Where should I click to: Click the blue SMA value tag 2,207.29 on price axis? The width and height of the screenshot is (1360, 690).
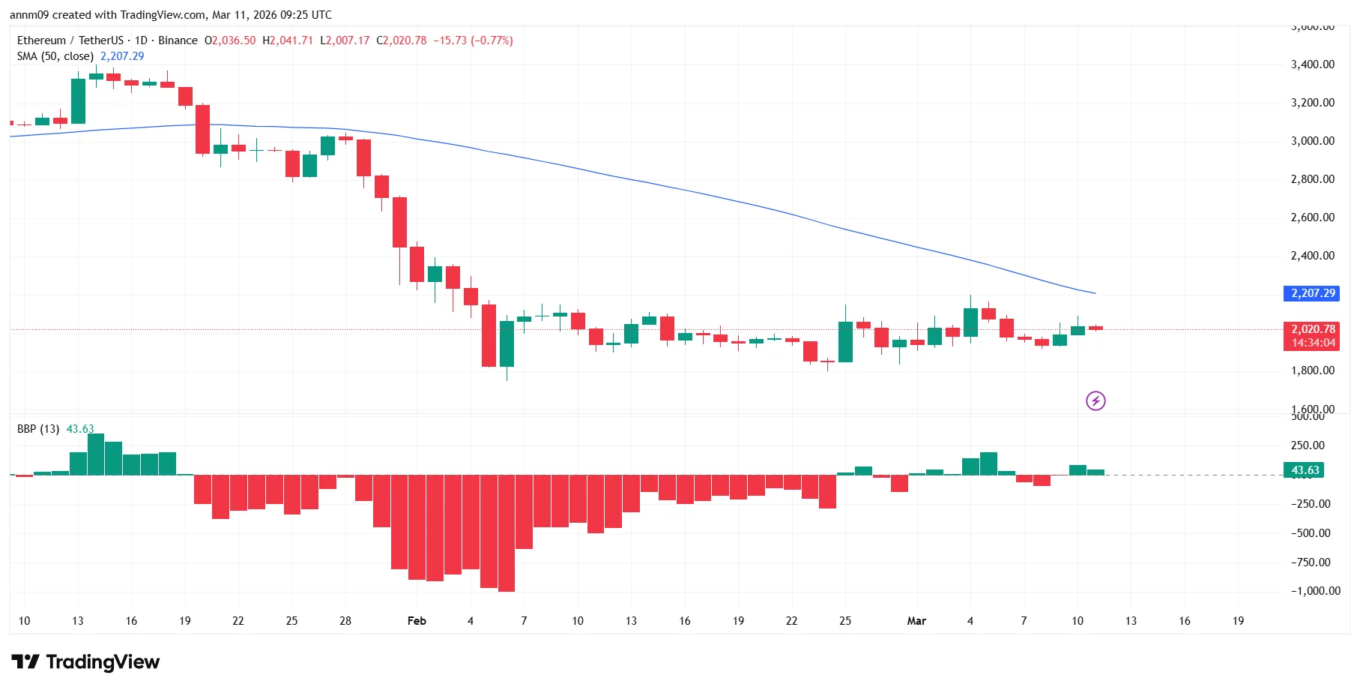click(1312, 293)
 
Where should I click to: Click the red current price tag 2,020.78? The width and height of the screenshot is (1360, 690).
click(1312, 329)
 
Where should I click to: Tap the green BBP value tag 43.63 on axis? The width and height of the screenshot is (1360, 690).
click(1305, 470)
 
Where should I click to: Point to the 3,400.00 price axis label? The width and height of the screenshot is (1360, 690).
click(1312, 64)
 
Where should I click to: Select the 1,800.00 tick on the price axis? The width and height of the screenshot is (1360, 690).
click(1312, 370)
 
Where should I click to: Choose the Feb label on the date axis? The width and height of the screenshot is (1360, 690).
click(417, 621)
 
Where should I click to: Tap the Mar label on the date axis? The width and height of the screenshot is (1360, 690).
click(916, 621)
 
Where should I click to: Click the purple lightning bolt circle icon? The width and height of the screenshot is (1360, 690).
click(1095, 401)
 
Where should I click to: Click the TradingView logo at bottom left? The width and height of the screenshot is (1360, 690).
click(85, 662)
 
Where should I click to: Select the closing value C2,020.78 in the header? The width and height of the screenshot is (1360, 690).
click(402, 40)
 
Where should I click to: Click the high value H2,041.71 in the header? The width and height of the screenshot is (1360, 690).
click(288, 40)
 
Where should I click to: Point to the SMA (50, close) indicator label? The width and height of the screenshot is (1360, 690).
click(55, 56)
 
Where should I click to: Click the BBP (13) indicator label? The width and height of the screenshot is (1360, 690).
click(38, 429)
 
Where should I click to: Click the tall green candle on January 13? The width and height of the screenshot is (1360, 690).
click(78, 101)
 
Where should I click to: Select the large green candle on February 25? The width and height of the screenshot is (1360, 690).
click(845, 342)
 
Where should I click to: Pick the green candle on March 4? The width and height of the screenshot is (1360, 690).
click(970, 322)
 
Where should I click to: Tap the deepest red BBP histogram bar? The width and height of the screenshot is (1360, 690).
click(507, 534)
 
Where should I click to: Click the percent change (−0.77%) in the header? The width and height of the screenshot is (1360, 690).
click(492, 40)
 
